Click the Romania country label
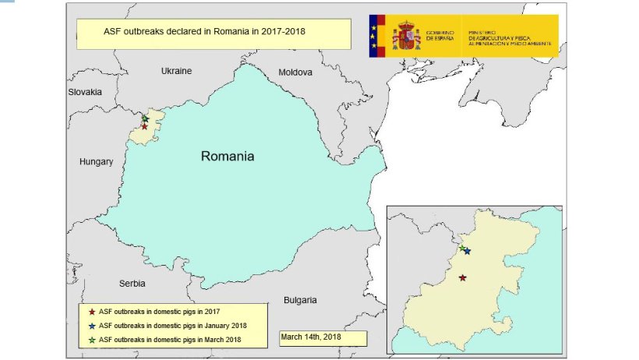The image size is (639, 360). point(228,156)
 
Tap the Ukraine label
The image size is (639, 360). point(176,71)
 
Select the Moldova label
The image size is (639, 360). point(295,72)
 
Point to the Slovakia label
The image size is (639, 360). point(84,92)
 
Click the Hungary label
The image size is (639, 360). point(96,162)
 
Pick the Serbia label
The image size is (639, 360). point(129,284)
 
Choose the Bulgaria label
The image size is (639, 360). point(300,300)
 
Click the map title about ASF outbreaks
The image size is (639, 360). point(204,33)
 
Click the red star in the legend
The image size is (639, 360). point(92,312)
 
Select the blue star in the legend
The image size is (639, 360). point(92,325)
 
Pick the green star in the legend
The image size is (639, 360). point(92,339)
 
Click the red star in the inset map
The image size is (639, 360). point(463,277)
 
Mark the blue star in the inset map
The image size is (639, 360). point(467,251)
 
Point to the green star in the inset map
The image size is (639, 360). point(461,248)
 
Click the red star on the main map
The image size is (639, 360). point(144,126)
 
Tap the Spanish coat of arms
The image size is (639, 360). point(406,36)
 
